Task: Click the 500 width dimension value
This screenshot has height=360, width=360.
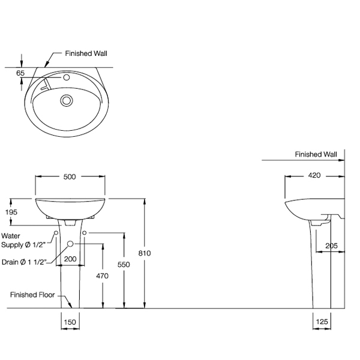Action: [70, 176]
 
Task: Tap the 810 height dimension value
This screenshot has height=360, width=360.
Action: [145, 253]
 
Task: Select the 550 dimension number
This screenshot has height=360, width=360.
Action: [124, 263]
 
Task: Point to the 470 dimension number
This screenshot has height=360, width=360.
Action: [102, 276]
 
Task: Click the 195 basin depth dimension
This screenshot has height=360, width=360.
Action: [11, 212]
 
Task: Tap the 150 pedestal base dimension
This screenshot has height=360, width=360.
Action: [70, 322]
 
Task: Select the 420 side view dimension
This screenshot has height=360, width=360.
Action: [314, 176]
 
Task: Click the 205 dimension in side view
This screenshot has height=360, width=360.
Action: [331, 245]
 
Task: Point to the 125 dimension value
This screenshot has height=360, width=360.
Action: [322, 322]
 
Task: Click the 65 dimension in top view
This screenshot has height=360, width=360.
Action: [20, 73]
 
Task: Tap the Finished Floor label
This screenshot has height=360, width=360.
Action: [32, 295]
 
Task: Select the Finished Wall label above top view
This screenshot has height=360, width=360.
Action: [86, 53]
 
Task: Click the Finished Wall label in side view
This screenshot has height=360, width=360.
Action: [316, 154]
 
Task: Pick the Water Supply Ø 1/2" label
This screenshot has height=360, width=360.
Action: [25, 240]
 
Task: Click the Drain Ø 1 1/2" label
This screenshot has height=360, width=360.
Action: [26, 262]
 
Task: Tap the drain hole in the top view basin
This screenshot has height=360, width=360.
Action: [67, 100]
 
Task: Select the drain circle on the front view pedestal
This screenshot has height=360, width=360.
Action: [71, 244]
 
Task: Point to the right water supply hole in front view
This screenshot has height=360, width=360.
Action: [85, 232]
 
